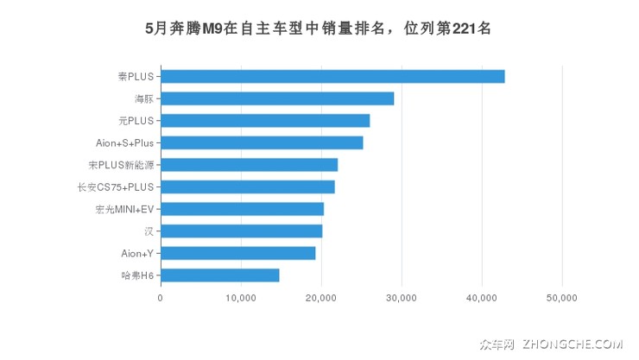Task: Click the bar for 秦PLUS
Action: (332, 76)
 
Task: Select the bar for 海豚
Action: (277, 98)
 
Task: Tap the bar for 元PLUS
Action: (265, 120)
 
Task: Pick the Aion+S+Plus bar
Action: (262, 142)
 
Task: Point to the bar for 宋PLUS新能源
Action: (249, 165)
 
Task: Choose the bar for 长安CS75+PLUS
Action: (247, 186)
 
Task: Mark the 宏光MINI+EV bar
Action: (242, 209)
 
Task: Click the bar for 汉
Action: (241, 231)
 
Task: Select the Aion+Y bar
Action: (237, 253)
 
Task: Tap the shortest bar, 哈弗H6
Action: (219, 275)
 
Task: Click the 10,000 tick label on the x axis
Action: (240, 298)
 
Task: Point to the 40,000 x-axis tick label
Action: (482, 298)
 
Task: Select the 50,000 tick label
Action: (562, 298)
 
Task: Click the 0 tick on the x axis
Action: (161, 298)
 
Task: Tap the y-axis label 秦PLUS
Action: (136, 77)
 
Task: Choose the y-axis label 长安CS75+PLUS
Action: (115, 187)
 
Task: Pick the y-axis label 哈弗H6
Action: (137, 275)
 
